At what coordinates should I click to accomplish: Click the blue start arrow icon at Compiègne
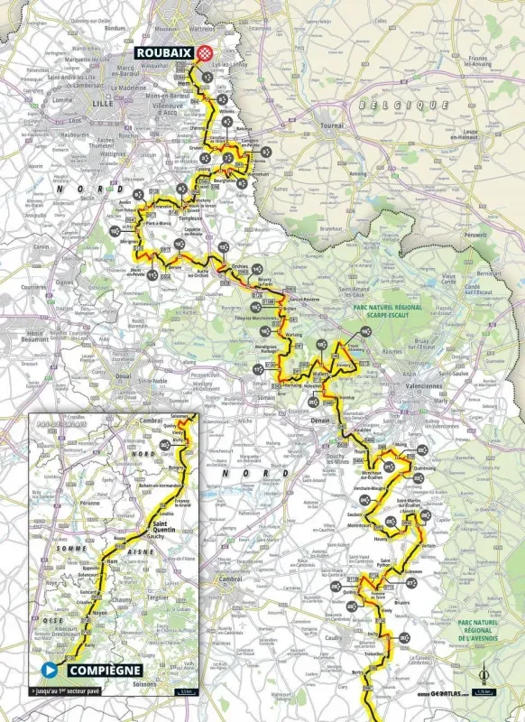coord(49,670)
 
